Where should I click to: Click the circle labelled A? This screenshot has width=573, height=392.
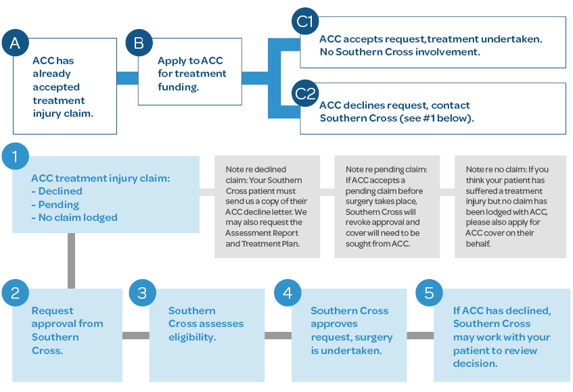(16, 43)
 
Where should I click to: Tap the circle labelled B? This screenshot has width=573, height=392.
(139, 43)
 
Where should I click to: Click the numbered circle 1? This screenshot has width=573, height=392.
(16, 157)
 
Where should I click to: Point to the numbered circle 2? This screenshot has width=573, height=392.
(16, 292)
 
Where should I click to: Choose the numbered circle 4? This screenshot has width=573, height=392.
(288, 292)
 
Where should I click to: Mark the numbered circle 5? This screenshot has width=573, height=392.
(429, 292)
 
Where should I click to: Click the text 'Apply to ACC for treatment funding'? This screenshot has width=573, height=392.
(191, 74)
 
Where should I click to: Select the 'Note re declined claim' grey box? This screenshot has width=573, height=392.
(267, 207)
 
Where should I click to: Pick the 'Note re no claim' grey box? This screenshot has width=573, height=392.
(510, 207)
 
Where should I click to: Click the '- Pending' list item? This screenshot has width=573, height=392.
(58, 204)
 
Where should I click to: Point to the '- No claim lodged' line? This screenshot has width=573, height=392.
(74, 218)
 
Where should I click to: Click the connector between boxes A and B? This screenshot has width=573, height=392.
(127, 78)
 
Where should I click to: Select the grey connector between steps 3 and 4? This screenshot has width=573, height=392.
(277, 335)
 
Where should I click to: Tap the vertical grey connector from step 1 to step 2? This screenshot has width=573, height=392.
(70, 260)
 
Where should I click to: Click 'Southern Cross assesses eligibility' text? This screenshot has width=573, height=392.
(206, 324)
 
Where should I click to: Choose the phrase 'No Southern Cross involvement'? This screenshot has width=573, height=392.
(399, 52)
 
